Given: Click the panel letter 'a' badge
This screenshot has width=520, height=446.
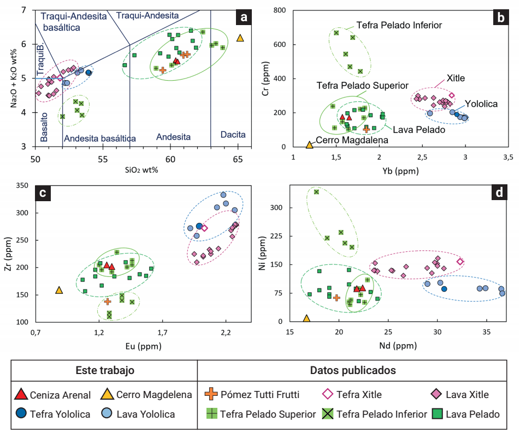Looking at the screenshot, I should tap(244, 18).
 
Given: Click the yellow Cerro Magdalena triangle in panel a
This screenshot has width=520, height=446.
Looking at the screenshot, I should tap(240, 38).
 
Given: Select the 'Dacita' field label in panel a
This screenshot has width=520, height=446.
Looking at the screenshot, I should tap(233, 135).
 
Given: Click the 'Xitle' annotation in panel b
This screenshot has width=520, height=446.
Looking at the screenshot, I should tap(455, 78).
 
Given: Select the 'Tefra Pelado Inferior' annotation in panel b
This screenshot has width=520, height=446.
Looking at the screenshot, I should tap(399, 25).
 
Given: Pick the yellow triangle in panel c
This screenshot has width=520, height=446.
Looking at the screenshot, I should tap(59, 291).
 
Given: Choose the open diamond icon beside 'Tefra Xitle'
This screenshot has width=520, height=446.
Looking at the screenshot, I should tap(329, 394).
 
